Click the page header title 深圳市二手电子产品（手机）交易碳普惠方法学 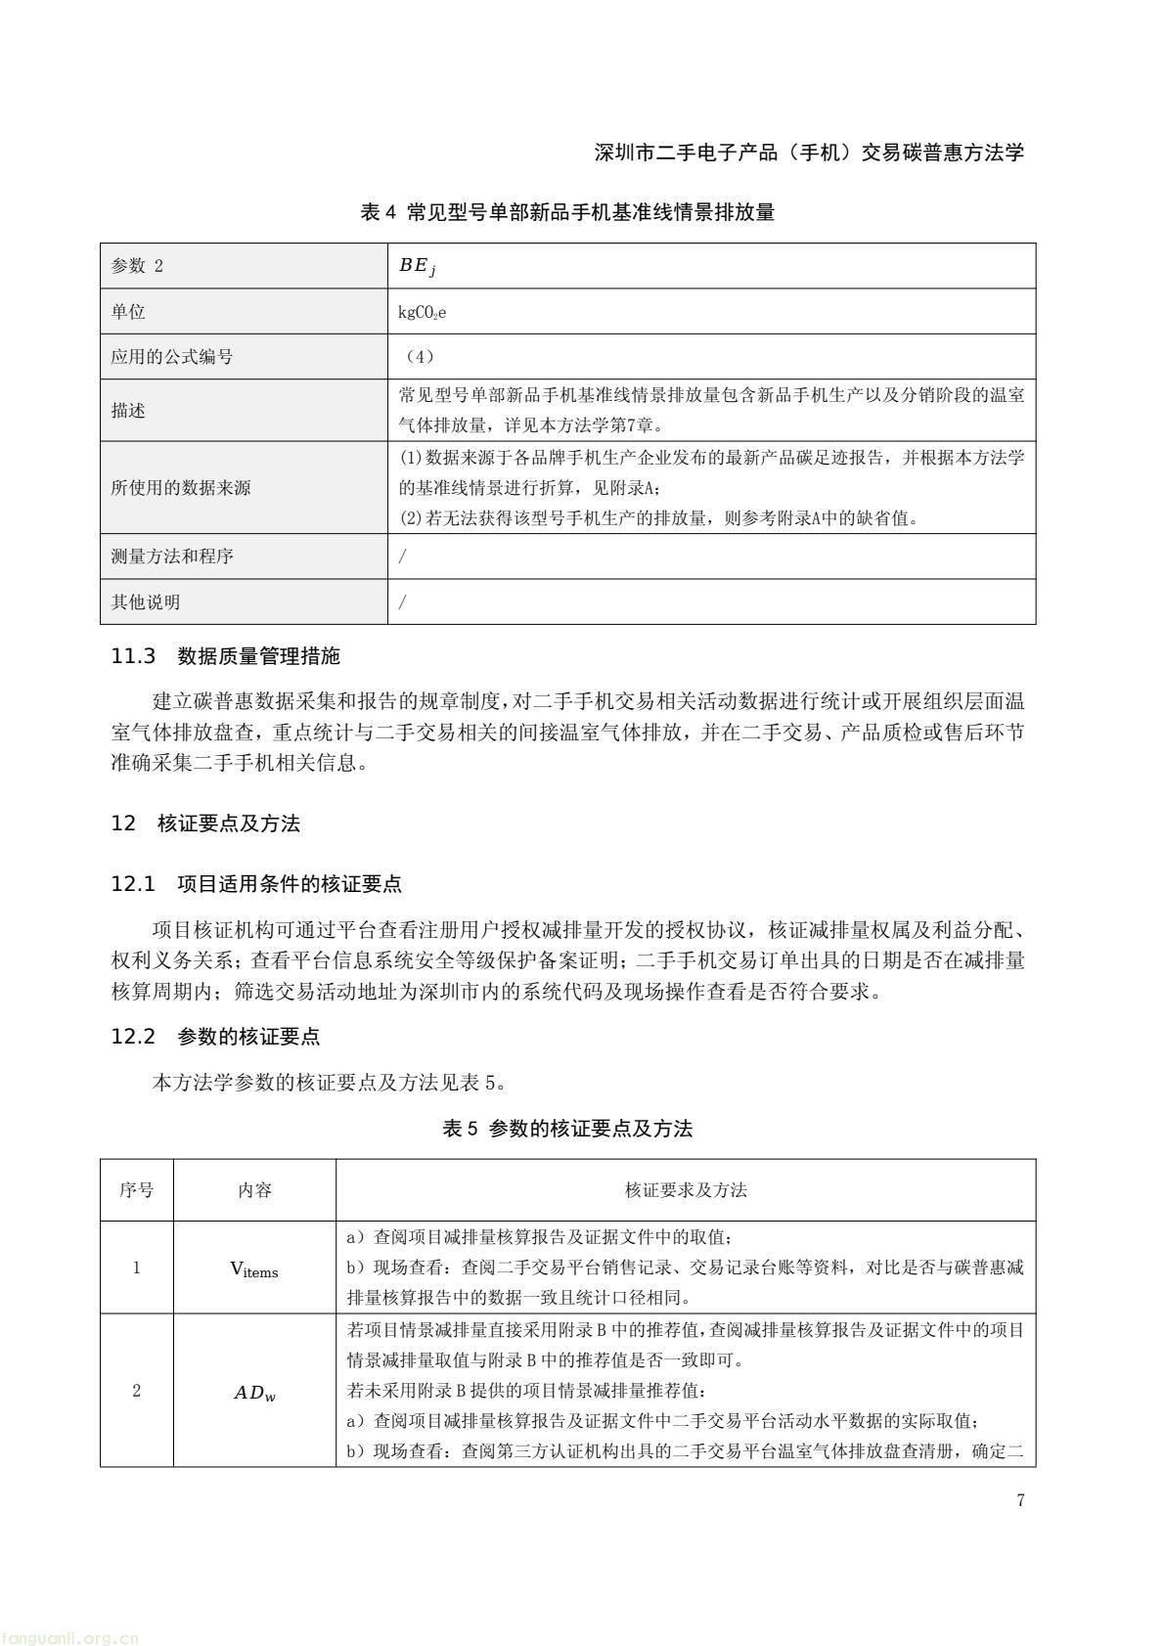[809, 153]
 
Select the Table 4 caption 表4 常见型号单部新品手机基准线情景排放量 [567, 212]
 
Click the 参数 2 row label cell [138, 266]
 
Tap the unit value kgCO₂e [423, 312]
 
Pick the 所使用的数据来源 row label [181, 488]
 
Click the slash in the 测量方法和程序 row [403, 556]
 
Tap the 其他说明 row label [146, 602]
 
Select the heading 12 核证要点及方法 [205, 823]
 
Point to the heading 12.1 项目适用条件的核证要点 [256, 884]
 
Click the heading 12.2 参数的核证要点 [215, 1037]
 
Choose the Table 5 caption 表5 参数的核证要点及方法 [567, 1129]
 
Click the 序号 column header [137, 1190]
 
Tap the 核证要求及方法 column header [686, 1190]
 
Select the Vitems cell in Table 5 [254, 1268]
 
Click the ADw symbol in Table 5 [254, 1393]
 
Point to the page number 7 [1020, 1501]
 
